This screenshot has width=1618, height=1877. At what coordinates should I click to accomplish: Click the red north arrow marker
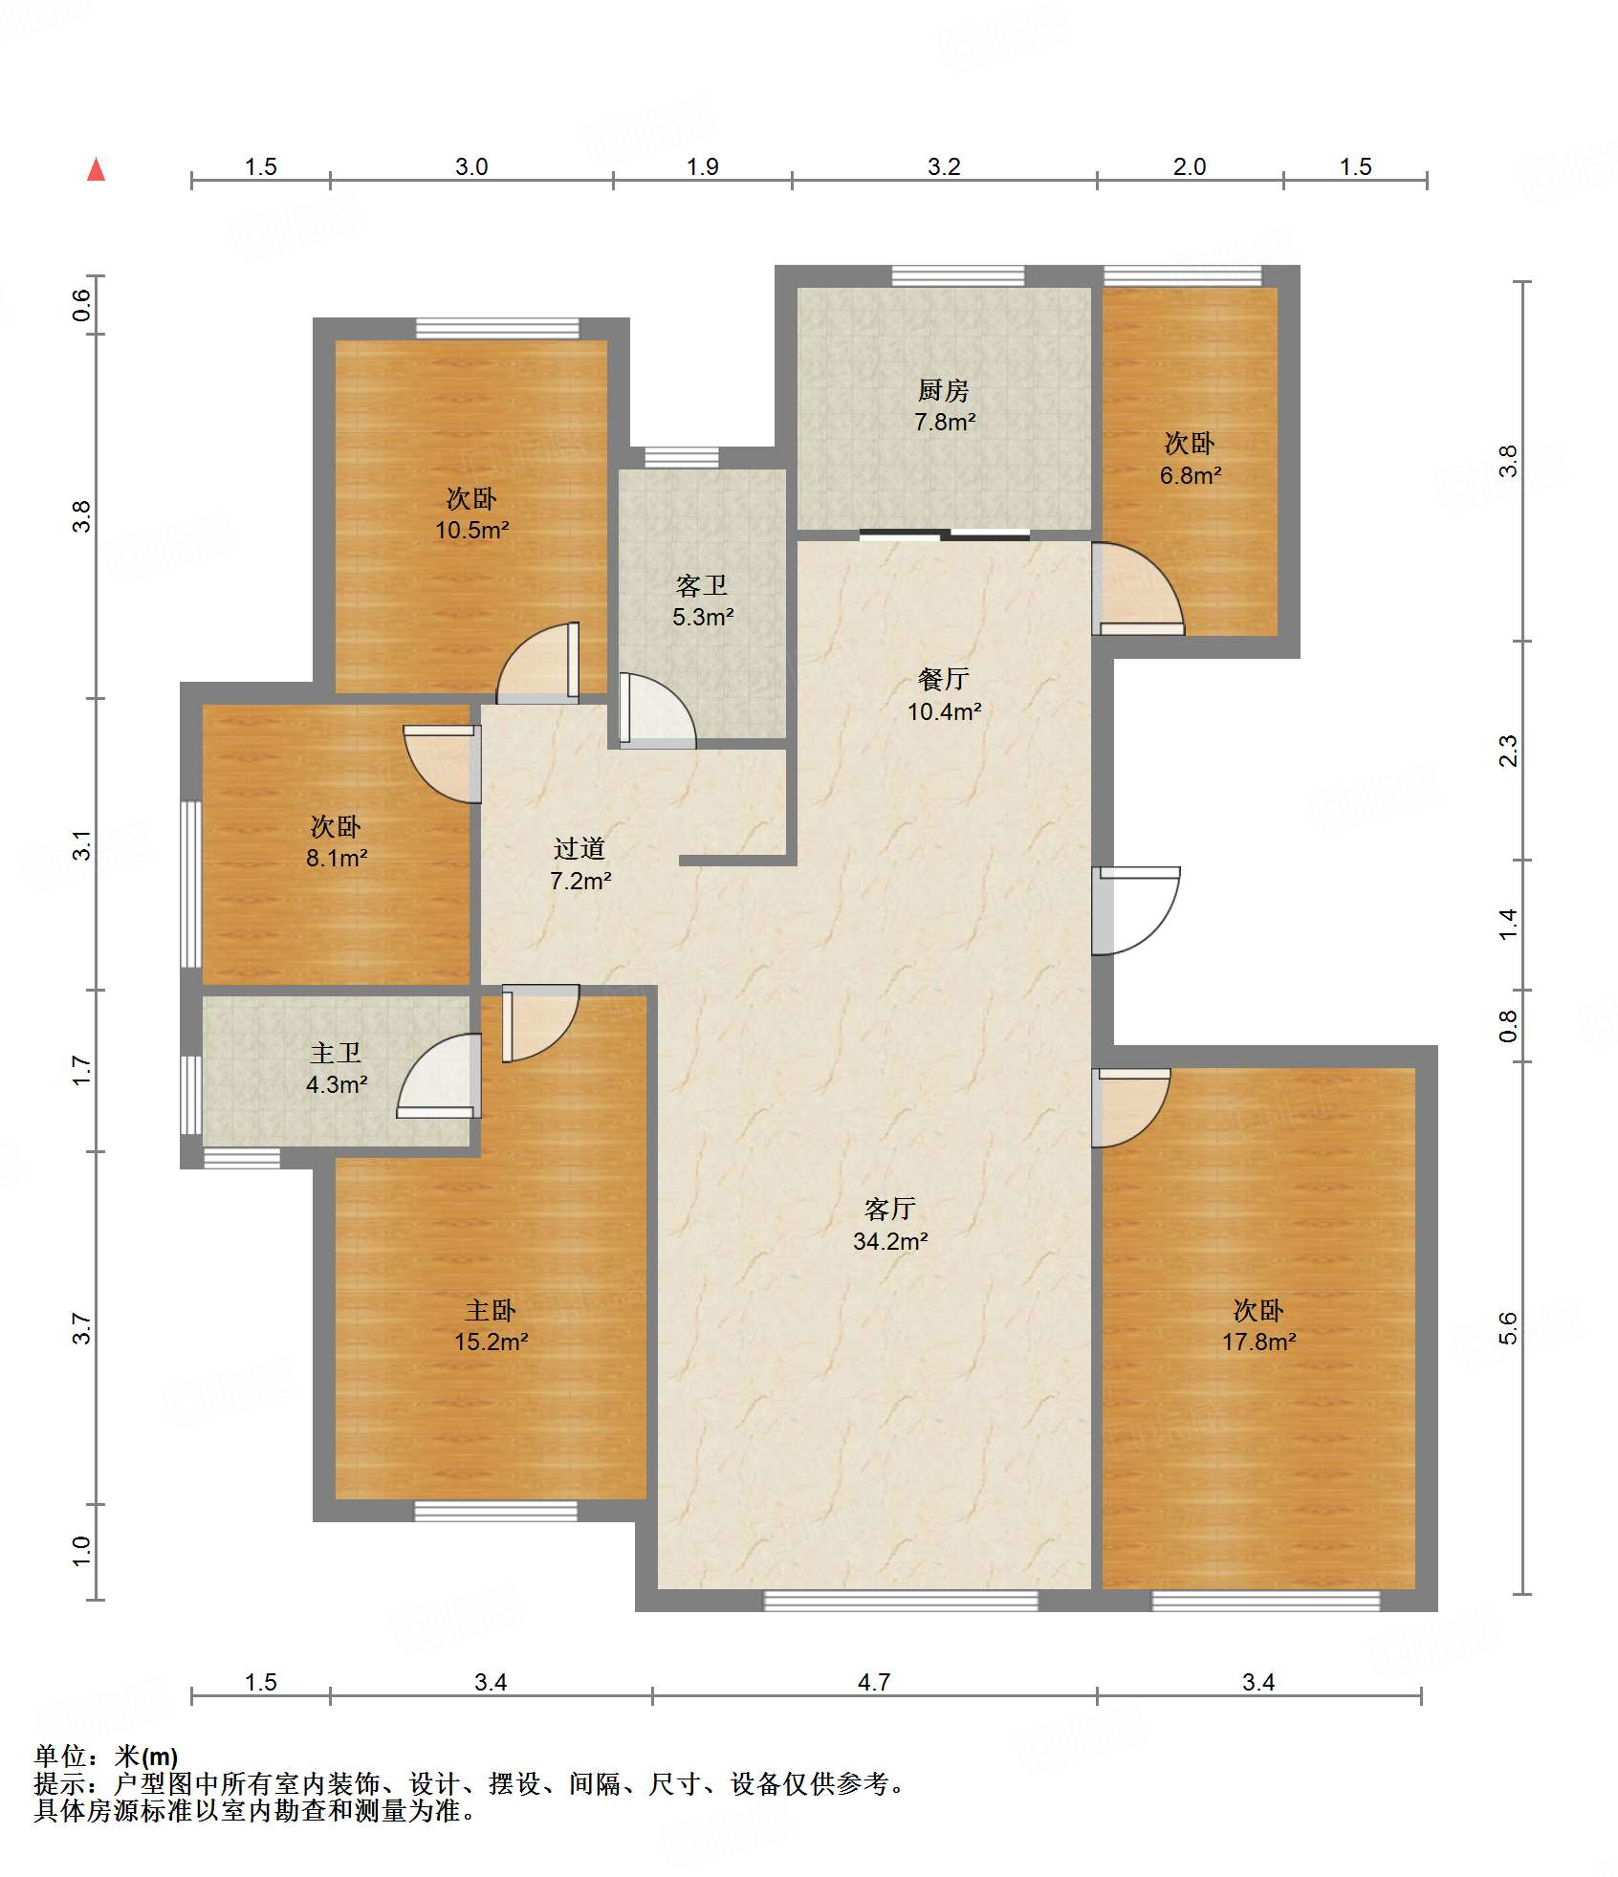pyautogui.click(x=96, y=169)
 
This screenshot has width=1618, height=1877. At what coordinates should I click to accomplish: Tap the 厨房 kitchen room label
pyautogui.click(x=944, y=390)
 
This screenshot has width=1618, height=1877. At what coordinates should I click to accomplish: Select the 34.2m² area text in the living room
pyautogui.click(x=890, y=1241)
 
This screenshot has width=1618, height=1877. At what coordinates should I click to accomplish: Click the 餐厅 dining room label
pyautogui.click(x=944, y=679)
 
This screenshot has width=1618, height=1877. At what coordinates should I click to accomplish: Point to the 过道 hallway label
pyautogui.click(x=579, y=848)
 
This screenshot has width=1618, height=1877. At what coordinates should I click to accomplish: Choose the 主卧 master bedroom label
pyautogui.click(x=491, y=1310)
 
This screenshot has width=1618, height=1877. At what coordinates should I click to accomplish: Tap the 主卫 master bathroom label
pyautogui.click(x=336, y=1053)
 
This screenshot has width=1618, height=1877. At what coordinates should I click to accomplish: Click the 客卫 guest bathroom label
pyautogui.click(x=702, y=585)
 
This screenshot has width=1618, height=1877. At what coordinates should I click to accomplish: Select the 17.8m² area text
pyautogui.click(x=1258, y=1342)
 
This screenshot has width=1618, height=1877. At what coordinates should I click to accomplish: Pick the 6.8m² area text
pyautogui.click(x=1191, y=475)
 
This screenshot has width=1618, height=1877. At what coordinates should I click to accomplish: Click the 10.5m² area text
pyautogui.click(x=471, y=530)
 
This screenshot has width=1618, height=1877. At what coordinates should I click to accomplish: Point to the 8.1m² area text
pyautogui.click(x=337, y=858)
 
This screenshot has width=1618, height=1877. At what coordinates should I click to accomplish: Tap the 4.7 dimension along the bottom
pyautogui.click(x=874, y=1682)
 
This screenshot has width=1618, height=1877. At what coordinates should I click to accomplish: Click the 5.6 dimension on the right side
pyautogui.click(x=1508, y=1328)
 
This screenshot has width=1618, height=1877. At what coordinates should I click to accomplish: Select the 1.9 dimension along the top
pyautogui.click(x=702, y=166)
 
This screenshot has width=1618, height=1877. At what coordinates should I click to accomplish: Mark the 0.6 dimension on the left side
pyautogui.click(x=82, y=305)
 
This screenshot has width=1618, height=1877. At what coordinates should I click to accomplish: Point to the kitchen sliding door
pyautogui.click(x=945, y=534)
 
